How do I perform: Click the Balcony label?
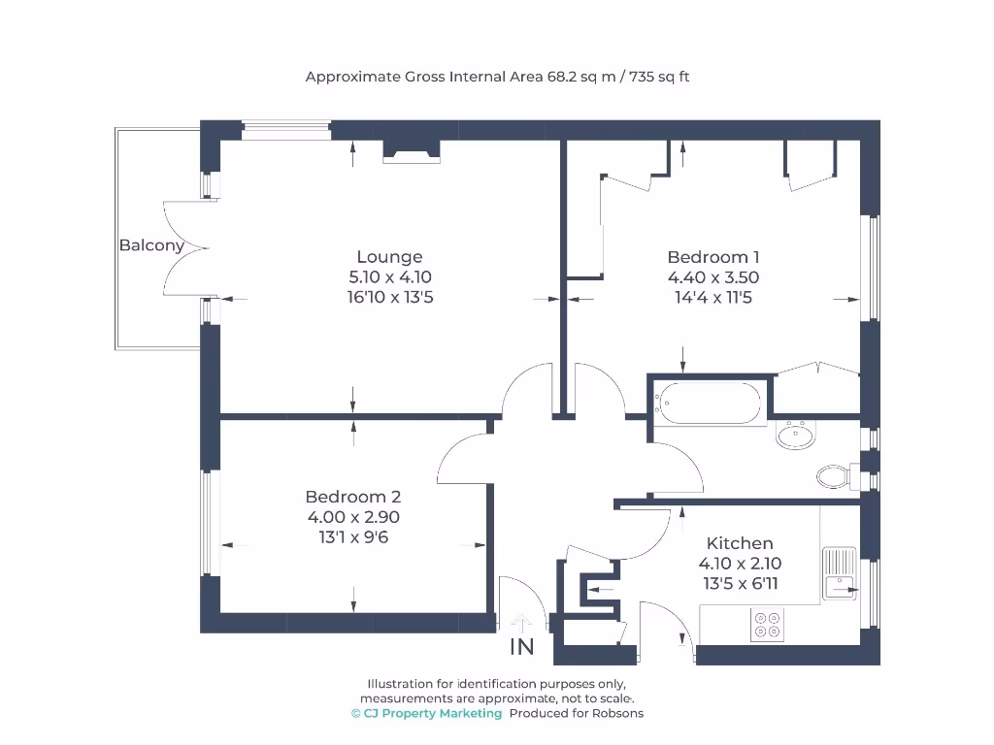coord(151,245)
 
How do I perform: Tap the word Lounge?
coord(389,257)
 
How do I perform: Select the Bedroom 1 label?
coord(712,257)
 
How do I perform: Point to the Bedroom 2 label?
coord(352,497)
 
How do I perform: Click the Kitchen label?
coord(740,543)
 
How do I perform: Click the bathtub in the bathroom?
coord(709,402)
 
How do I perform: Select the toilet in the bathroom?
coord(833,476)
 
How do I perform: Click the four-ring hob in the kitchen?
coord(767,625)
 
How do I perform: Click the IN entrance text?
coord(521,647)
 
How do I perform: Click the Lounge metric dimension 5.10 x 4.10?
coord(389,277)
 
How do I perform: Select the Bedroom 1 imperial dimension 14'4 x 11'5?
coord(712,298)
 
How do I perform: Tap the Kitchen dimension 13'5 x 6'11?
coord(740,584)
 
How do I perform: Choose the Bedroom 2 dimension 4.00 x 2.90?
coord(352,517)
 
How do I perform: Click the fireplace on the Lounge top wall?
coord(412,150)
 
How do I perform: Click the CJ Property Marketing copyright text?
coord(427,713)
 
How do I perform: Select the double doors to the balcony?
coord(184,247)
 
